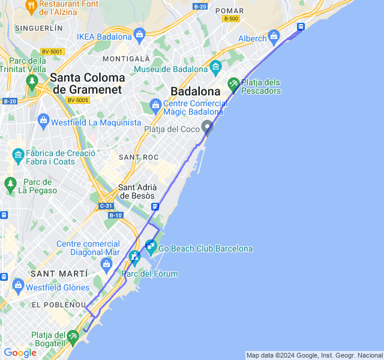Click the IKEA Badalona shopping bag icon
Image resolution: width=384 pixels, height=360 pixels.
click(139, 34)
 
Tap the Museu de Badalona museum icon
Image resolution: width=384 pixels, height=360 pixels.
click(216, 65)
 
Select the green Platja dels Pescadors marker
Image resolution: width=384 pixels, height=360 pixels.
click(234, 85)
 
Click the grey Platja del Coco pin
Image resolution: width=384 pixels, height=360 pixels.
click(207, 127)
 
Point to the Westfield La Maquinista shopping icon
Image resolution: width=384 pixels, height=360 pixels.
click(43, 121)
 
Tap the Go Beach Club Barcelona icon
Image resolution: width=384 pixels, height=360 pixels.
click(150, 245)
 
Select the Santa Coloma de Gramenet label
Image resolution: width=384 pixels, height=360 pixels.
click(88, 83)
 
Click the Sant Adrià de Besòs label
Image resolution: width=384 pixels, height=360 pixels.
click(137, 191)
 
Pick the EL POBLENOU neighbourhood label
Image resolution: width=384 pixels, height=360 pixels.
click(59, 305)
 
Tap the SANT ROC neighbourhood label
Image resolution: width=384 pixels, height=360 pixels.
click(139, 157)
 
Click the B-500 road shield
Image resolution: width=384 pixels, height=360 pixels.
click(230, 19)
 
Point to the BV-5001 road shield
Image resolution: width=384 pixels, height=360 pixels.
click(52, 52)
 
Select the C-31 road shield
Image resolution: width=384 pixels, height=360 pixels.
click(106, 206)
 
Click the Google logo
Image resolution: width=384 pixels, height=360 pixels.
click(20, 353)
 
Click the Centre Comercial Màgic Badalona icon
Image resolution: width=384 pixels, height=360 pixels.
click(155, 106)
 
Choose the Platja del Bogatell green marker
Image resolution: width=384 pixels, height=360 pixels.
click(73, 337)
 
